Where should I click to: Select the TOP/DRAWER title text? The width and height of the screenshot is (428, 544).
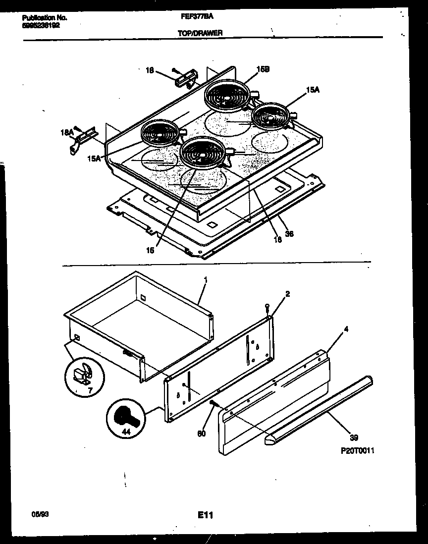(200, 33)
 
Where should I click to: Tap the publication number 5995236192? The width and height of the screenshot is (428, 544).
(41, 25)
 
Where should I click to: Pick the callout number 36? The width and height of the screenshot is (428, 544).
(290, 234)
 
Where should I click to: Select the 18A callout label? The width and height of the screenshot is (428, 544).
(66, 133)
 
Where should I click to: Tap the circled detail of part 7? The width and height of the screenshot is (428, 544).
(84, 380)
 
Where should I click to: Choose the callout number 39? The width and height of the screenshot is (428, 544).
(353, 437)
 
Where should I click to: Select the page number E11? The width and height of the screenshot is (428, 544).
(205, 515)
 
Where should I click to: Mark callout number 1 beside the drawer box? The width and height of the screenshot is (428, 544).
(205, 279)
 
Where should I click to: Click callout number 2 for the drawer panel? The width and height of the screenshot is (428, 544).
(287, 293)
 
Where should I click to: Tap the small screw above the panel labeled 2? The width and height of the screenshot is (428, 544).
(267, 307)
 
